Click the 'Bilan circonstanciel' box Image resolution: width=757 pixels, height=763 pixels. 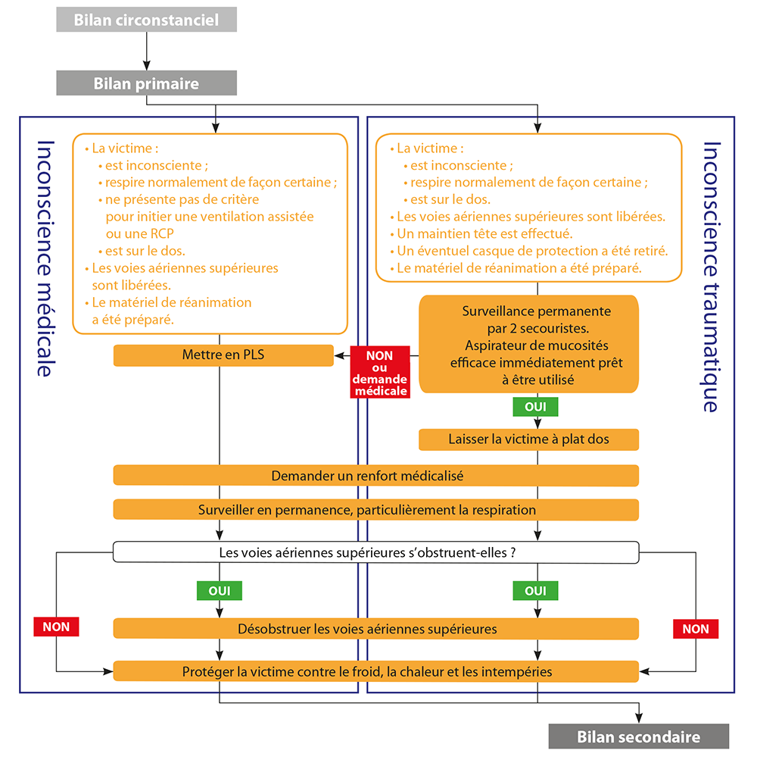click(x=146, y=20)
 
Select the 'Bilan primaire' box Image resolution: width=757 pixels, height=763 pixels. click(x=146, y=83)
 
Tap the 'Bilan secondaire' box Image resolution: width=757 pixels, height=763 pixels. click(x=638, y=736)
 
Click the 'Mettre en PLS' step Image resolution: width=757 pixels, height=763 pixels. click(x=223, y=355)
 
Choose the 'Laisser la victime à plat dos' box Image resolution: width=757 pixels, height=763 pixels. click(x=528, y=439)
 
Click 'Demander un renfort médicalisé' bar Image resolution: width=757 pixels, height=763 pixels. click(x=375, y=476)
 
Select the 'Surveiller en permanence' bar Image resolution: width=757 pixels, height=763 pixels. click(x=375, y=509)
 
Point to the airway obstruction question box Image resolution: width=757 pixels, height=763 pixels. click(x=375, y=552)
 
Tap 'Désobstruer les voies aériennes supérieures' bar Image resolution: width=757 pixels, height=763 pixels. click(x=375, y=629)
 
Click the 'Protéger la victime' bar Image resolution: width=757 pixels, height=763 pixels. click(x=375, y=671)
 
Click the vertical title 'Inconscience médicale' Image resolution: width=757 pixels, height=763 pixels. click(x=45, y=258)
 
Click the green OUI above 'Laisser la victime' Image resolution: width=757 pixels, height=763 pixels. click(x=536, y=407)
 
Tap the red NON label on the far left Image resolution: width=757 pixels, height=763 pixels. click(x=56, y=627)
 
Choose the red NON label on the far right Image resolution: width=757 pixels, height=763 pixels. click(x=695, y=629)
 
